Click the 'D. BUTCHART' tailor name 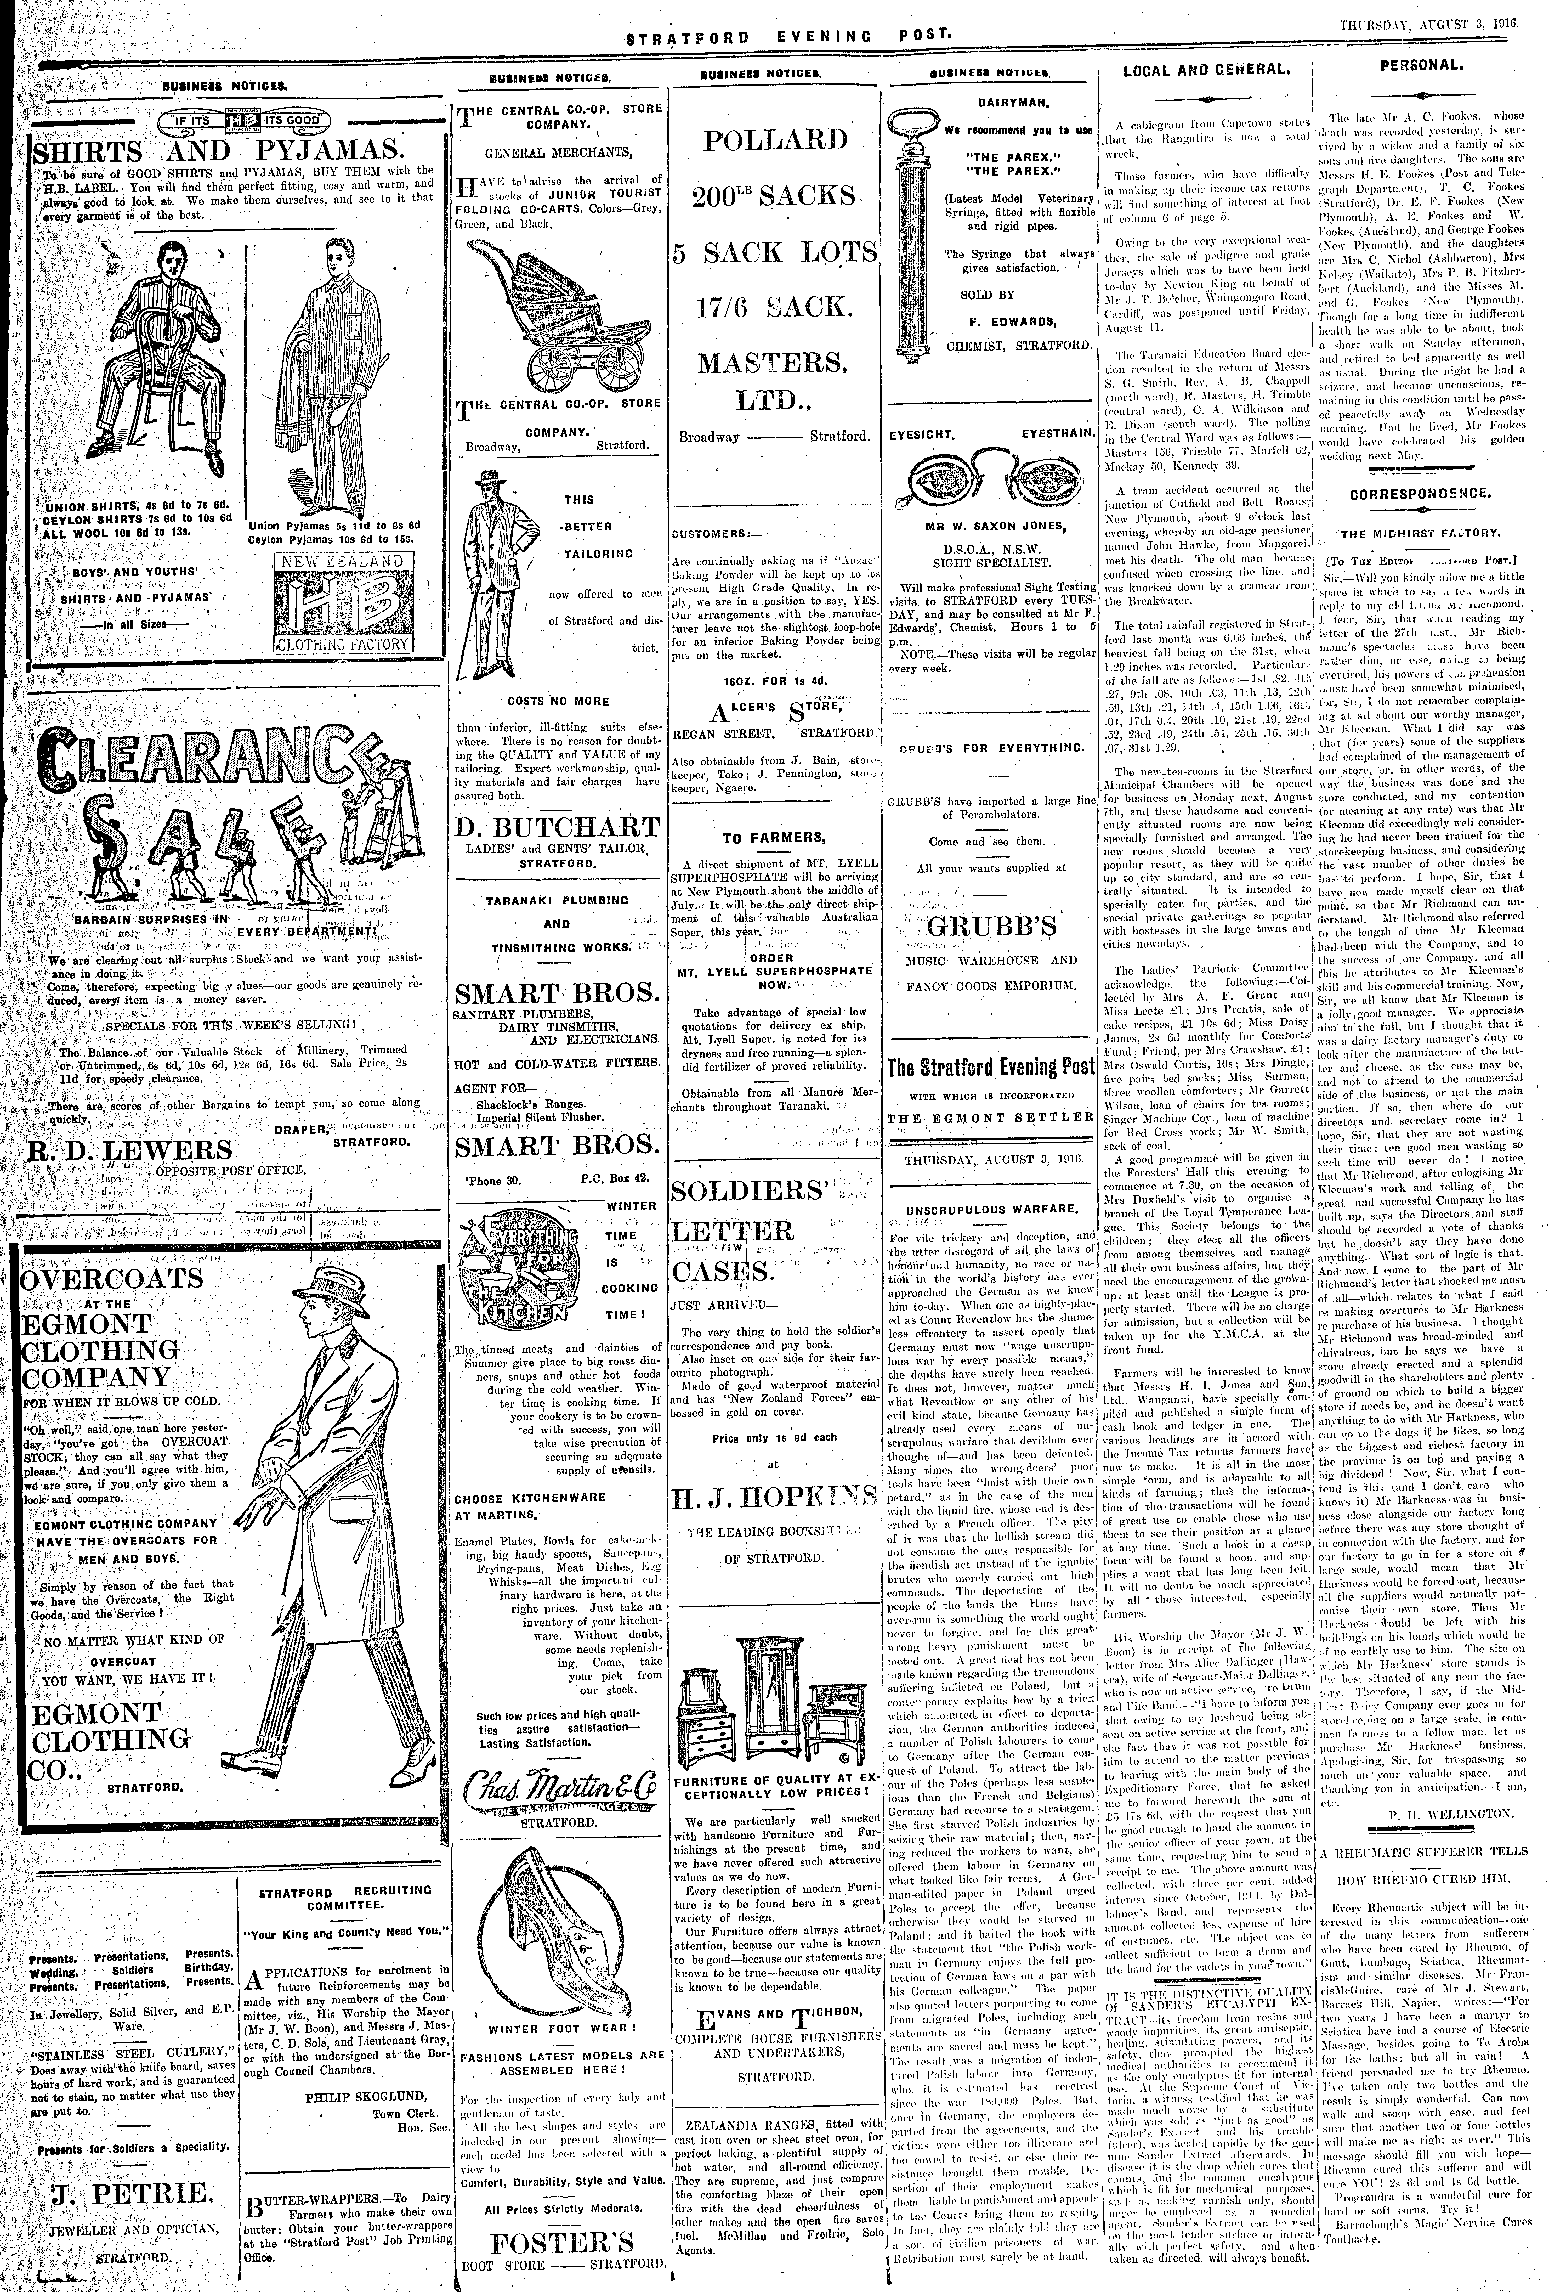[x=556, y=826]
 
